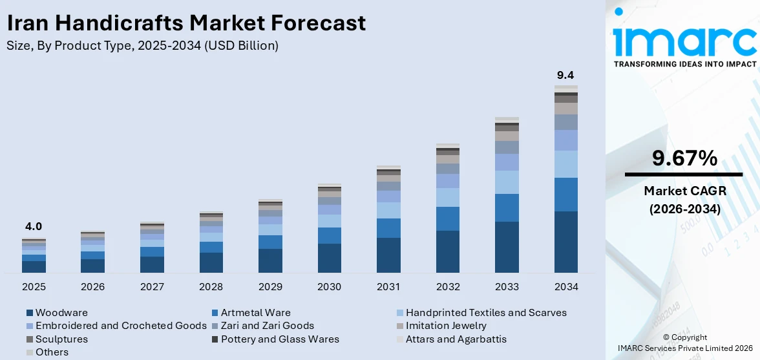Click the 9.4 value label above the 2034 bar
click(565, 76)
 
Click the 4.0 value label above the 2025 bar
click(34, 227)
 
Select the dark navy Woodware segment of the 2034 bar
click(566, 242)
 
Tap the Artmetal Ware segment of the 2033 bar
click(507, 208)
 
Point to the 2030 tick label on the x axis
click(330, 287)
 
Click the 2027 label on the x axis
click(153, 287)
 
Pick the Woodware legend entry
click(57, 313)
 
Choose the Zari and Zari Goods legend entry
click(263, 326)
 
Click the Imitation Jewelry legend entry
click(441, 326)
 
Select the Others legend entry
click(48, 352)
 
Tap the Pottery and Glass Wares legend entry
click(276, 339)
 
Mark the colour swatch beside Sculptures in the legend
click(30, 339)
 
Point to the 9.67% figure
click(684, 158)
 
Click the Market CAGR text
click(685, 191)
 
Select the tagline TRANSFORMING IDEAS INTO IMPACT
click(685, 64)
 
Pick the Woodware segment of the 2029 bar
click(270, 260)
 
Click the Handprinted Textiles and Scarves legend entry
click(482, 313)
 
